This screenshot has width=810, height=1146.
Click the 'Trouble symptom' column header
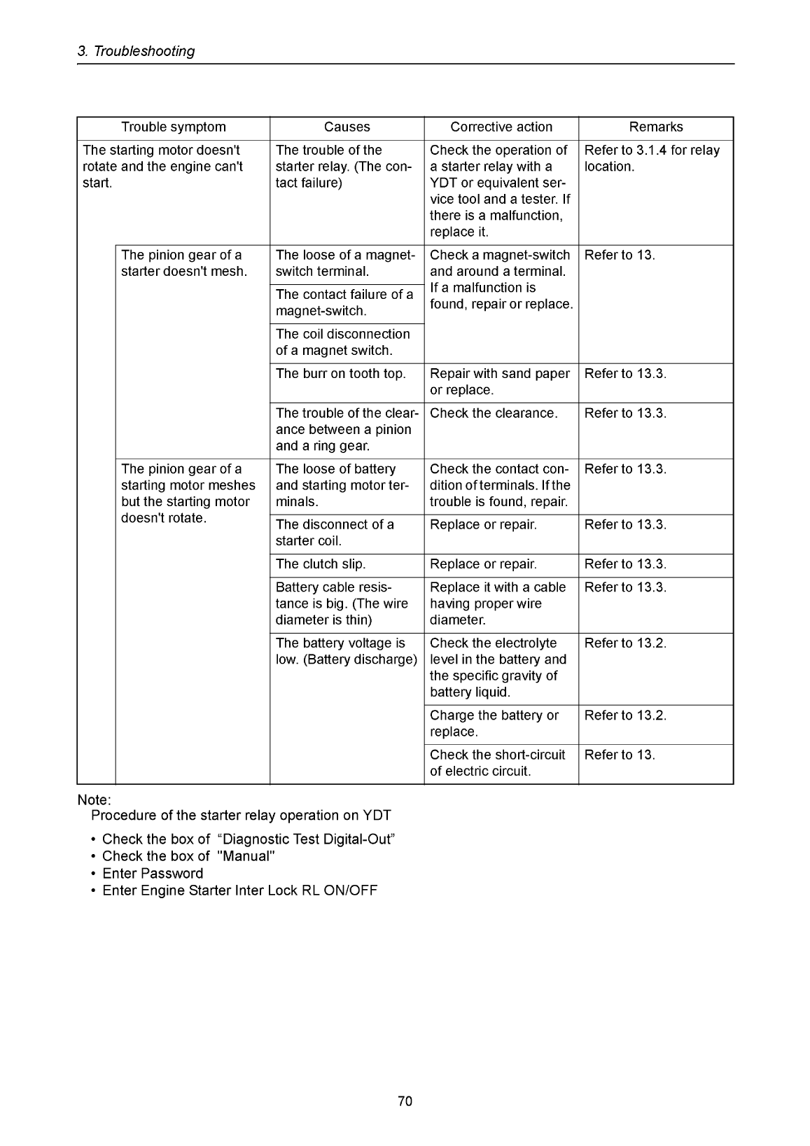173,127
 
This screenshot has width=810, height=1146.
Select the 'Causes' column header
347,127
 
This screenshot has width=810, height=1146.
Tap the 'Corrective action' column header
501,127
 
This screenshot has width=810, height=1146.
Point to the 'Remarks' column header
656,127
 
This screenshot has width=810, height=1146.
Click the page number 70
405,1102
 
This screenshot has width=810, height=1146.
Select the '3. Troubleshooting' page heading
136,51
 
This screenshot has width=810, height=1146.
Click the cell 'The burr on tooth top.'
341,374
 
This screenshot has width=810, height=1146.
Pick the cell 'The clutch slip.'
321,564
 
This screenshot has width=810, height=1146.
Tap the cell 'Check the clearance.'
494,414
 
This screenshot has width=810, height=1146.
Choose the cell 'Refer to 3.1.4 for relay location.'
652,158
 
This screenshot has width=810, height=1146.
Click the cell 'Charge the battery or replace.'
494,724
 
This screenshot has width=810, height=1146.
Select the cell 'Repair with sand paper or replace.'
500,382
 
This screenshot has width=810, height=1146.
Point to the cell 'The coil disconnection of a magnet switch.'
343,342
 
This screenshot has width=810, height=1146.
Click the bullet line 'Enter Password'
153,874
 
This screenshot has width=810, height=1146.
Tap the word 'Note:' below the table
95,799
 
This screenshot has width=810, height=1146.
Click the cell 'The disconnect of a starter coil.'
335,533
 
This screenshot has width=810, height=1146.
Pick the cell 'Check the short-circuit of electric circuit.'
497,763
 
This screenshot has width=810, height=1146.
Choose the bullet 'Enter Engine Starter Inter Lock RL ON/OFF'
239,890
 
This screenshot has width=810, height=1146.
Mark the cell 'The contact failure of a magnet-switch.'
344,302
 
